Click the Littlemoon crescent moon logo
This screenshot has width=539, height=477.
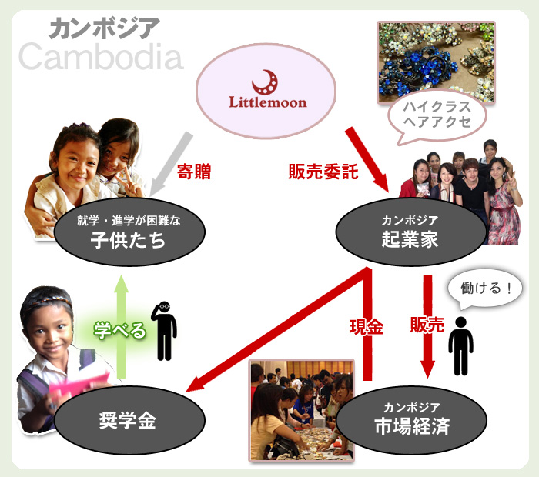(x=265, y=82)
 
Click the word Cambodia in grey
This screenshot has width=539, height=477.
(x=101, y=57)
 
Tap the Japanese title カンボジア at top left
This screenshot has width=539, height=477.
(x=104, y=28)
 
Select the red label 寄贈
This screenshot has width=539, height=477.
(x=194, y=172)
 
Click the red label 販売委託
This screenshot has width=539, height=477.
(x=323, y=172)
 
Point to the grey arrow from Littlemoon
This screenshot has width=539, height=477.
(x=171, y=164)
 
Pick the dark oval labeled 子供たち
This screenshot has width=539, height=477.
(x=129, y=232)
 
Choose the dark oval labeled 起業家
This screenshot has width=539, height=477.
(x=410, y=232)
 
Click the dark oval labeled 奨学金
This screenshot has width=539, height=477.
(x=129, y=419)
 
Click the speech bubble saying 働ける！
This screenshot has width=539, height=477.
(x=484, y=289)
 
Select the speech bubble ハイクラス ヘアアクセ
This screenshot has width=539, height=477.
(x=437, y=115)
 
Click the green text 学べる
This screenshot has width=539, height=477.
(x=120, y=330)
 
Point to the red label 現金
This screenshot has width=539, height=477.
(x=367, y=326)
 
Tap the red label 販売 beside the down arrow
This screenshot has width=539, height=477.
(x=427, y=325)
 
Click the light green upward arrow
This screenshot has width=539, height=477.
(x=121, y=326)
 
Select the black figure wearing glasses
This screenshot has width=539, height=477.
(x=164, y=331)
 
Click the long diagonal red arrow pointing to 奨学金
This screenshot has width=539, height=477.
(x=279, y=330)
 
